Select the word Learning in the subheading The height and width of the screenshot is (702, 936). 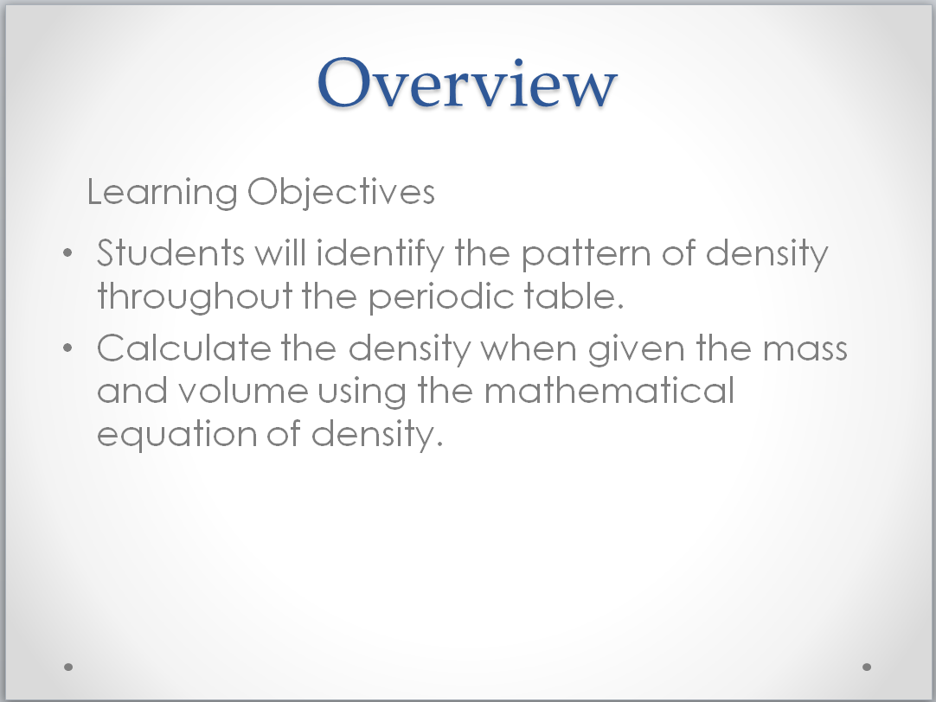163,193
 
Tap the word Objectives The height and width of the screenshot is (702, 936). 341,193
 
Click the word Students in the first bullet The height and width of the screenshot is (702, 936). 170,253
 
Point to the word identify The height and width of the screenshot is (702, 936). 381,254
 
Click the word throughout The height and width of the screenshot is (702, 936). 196,297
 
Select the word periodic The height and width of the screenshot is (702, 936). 441,297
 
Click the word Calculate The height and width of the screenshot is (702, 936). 184,348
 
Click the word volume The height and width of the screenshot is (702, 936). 243,390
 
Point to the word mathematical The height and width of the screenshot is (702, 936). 609,390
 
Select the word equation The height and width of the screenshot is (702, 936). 176,434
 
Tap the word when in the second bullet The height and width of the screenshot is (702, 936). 529,348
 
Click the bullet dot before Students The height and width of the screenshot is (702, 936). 67,253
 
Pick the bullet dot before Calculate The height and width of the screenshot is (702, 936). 67,348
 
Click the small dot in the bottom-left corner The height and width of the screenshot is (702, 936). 68,667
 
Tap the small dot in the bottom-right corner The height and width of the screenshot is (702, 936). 867,667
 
